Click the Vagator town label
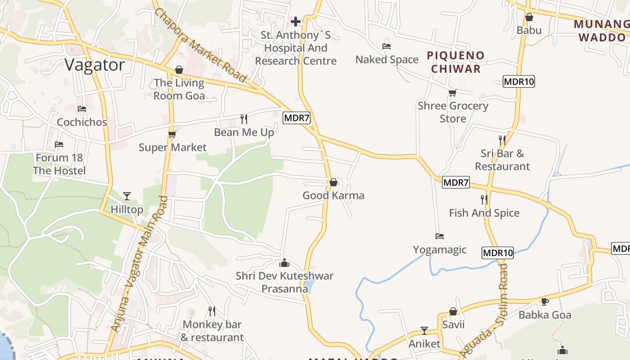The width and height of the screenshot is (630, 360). (x=94, y=65)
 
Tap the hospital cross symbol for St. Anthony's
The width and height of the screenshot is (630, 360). (x=296, y=21)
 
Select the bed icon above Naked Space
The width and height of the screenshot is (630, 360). (x=386, y=46)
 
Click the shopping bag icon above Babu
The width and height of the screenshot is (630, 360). (x=529, y=17)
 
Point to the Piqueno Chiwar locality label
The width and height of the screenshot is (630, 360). (x=456, y=62)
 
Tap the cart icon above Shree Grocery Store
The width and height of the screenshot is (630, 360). (x=452, y=93)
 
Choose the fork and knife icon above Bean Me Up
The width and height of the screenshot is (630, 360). (x=244, y=119)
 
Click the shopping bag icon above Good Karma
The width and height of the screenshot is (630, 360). (x=333, y=182)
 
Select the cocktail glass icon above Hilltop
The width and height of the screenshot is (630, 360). (x=127, y=196)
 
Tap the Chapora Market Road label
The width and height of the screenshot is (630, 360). (x=200, y=45)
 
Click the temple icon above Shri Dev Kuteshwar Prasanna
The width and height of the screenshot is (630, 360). (x=284, y=262)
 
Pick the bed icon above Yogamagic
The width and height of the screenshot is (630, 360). (x=440, y=236)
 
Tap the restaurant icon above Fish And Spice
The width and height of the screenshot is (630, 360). (x=484, y=199)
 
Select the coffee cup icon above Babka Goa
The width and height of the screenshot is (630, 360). (x=545, y=301)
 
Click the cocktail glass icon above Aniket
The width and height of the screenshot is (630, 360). (x=424, y=331)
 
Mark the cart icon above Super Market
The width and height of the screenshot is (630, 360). (x=172, y=134)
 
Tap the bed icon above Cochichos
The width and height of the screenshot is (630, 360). (x=82, y=109)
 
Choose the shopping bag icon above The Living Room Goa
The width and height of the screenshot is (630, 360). (x=179, y=70)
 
